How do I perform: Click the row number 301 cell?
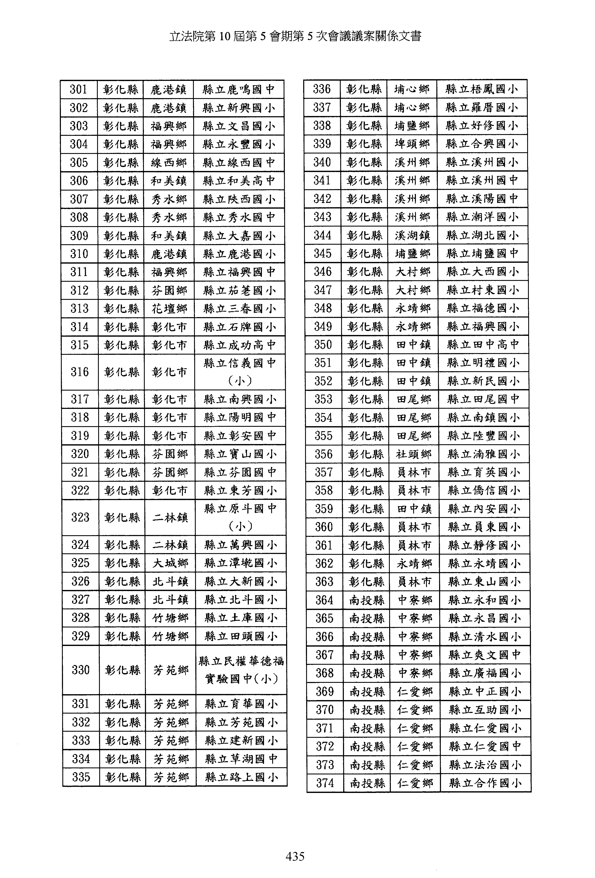tap(79, 89)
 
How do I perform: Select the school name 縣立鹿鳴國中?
tap(239, 89)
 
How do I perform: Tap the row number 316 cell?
tap(80, 372)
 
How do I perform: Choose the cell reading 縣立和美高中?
tap(239, 181)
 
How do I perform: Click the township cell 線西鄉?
tap(169, 163)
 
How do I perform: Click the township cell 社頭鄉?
tap(414, 454)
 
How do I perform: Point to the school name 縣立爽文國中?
tap(485, 655)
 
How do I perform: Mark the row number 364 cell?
tap(324, 600)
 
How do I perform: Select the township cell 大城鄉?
tap(170, 563)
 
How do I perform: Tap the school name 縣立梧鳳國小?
tap(481, 89)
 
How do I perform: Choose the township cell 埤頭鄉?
tap(412, 144)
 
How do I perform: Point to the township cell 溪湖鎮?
tap(412, 235)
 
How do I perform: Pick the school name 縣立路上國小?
tap(241, 777)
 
